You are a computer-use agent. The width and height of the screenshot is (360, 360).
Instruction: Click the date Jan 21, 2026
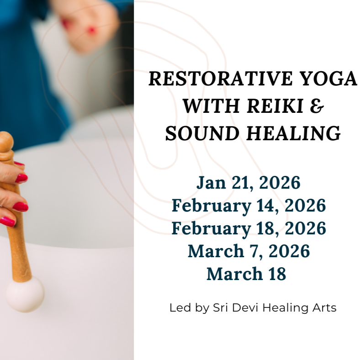coord(249,183)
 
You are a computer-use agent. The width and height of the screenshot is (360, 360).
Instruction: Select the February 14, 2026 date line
coord(249,206)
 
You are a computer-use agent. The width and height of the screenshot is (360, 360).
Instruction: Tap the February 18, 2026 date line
coord(249,228)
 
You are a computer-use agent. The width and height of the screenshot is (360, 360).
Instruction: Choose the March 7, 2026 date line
coord(249,251)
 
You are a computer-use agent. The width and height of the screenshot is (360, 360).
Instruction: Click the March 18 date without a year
coord(246,274)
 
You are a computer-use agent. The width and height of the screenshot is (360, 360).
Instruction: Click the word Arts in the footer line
coord(324,307)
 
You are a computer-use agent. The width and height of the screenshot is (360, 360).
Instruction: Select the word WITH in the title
coord(204,106)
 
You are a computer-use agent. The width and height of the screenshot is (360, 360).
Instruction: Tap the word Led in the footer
coord(180,307)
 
